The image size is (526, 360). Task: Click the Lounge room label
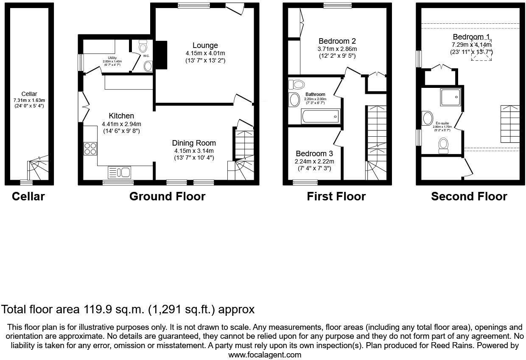pos(205,45)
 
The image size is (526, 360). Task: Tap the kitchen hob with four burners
pos(90,149)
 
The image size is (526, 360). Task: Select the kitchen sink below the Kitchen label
pos(120,172)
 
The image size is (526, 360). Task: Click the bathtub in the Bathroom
pos(320,116)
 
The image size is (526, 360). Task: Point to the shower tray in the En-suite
pos(451,97)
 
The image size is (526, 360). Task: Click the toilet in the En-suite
pos(444,145)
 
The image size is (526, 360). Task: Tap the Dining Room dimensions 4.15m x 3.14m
pos(193,151)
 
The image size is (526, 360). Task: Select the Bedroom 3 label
pos(314,153)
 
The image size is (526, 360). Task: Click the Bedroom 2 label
pos(337,41)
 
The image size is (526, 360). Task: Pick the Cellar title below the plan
pos(28,196)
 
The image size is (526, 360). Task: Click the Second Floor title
pos(469,196)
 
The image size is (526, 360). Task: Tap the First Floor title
pos(336,196)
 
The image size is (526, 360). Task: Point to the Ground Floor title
pos(167,196)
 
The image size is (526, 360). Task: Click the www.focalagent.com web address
pos(265,355)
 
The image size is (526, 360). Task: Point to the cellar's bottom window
pos(26,183)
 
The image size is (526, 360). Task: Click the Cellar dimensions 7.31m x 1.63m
pos(29,100)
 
